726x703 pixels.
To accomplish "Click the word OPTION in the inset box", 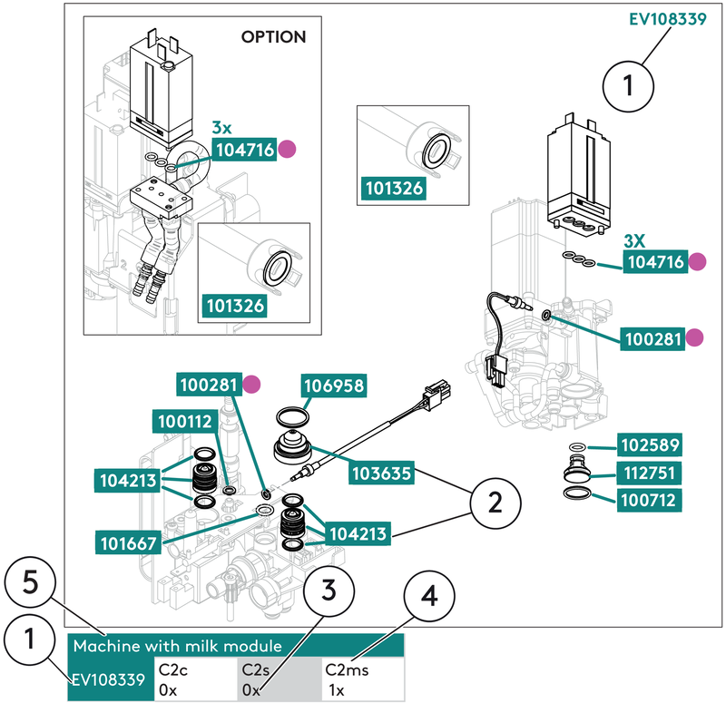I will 273,37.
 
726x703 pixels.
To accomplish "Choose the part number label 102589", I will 651,445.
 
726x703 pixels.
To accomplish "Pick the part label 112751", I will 651,473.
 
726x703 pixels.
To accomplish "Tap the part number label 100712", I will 651,499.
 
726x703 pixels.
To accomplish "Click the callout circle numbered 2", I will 495,501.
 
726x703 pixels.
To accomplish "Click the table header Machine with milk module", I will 177,647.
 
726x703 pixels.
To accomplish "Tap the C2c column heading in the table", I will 173,669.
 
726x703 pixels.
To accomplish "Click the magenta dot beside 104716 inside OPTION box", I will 289,150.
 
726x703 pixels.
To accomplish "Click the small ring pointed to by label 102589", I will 578,447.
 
